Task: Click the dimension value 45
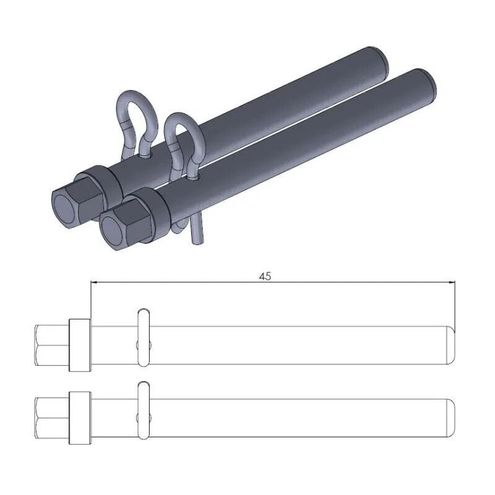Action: tap(265, 277)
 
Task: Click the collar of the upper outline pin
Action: tap(80, 345)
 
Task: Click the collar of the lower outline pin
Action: tap(80, 417)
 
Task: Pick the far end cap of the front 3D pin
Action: tap(428, 82)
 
